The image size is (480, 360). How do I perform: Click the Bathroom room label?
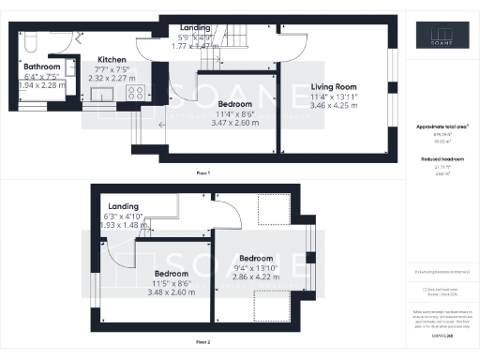pyautogui.click(x=42, y=67)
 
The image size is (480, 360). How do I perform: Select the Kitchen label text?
pyautogui.click(x=112, y=60)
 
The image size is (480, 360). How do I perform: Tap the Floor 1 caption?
pyautogui.click(x=202, y=173)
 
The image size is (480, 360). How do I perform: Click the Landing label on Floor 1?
pyautogui.click(x=195, y=28)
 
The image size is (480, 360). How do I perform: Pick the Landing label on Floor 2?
pyautogui.click(x=124, y=205)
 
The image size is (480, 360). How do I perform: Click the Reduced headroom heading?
pyautogui.click(x=442, y=160)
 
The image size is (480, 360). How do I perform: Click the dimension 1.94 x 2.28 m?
pyautogui.click(x=42, y=85)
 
